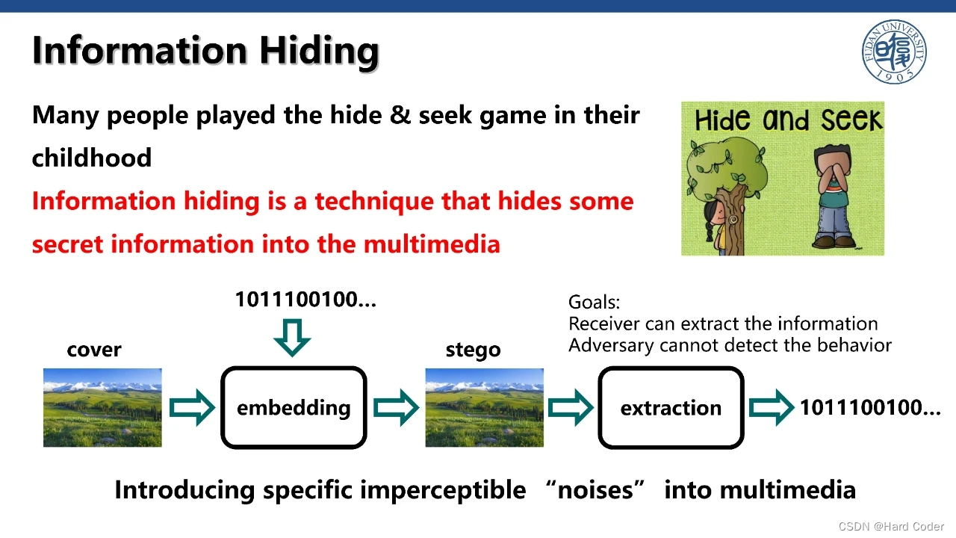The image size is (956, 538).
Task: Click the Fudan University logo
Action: pyautogui.click(x=894, y=52)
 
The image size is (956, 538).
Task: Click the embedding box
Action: pyautogui.click(x=294, y=407)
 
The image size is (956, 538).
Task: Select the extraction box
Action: pyautogui.click(x=671, y=408)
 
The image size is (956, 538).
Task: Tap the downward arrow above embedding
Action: pyautogui.click(x=292, y=337)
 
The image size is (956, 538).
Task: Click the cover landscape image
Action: pyautogui.click(x=102, y=407)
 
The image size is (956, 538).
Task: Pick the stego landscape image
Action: pyautogui.click(x=484, y=407)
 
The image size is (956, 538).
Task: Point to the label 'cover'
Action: pyautogui.click(x=94, y=350)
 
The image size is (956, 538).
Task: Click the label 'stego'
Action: pyautogui.click(x=473, y=350)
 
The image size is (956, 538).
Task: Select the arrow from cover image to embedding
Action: pyautogui.click(x=192, y=407)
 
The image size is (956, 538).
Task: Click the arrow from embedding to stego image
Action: pyautogui.click(x=396, y=407)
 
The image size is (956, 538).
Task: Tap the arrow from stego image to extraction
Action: pyautogui.click(x=571, y=407)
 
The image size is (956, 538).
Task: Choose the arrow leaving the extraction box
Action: pyautogui.click(x=771, y=407)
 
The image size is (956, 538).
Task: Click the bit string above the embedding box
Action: pyautogui.click(x=305, y=300)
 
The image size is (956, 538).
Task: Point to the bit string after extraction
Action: pyautogui.click(x=870, y=407)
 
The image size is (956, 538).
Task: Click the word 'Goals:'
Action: pyautogui.click(x=594, y=302)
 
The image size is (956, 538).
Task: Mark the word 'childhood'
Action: pyautogui.click(x=92, y=158)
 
